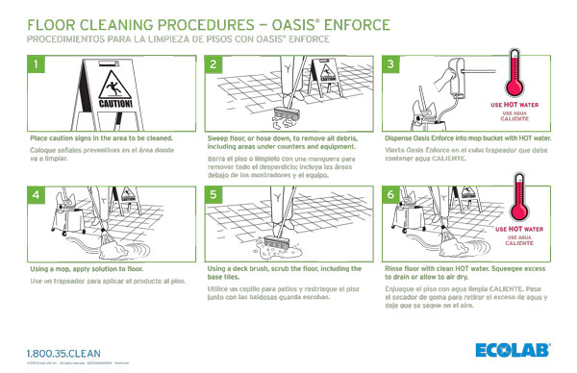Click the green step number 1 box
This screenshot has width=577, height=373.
(x=38, y=64)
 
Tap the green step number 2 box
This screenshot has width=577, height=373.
(x=214, y=64)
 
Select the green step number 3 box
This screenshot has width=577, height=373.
(x=391, y=64)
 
